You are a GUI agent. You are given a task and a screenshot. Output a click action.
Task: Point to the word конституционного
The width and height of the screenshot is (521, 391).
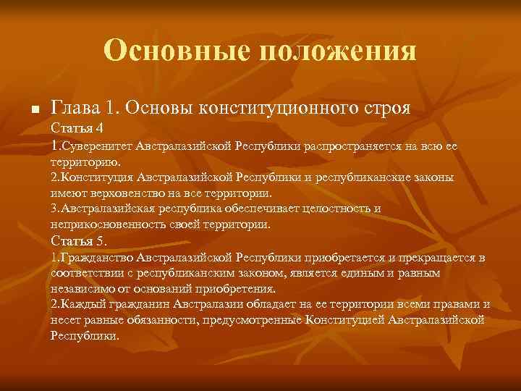click(x=281, y=109)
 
